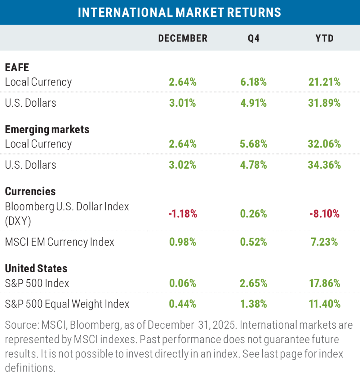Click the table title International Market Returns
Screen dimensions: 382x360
[x=180, y=12]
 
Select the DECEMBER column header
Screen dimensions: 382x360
[x=183, y=38]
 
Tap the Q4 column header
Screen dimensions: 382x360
[x=253, y=38]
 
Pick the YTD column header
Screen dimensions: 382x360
[x=324, y=38]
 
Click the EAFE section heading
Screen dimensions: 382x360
[x=17, y=68]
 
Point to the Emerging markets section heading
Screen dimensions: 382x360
[x=47, y=129]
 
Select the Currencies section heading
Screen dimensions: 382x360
[x=30, y=191]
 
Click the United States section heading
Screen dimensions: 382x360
[x=36, y=268]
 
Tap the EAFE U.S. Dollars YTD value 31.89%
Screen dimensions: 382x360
[x=324, y=103]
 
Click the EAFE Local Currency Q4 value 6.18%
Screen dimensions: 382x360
[x=253, y=82]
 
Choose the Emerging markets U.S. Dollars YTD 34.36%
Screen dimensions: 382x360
[x=324, y=165]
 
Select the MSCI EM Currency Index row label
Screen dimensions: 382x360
[x=60, y=242]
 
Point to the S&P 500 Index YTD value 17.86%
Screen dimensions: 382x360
[x=324, y=283]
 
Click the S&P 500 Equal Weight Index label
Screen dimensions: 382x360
[x=67, y=304]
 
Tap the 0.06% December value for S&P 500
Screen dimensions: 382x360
[x=183, y=283]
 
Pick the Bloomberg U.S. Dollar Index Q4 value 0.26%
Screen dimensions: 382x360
[x=253, y=214]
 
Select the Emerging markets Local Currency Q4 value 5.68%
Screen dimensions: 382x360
[x=253, y=144]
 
